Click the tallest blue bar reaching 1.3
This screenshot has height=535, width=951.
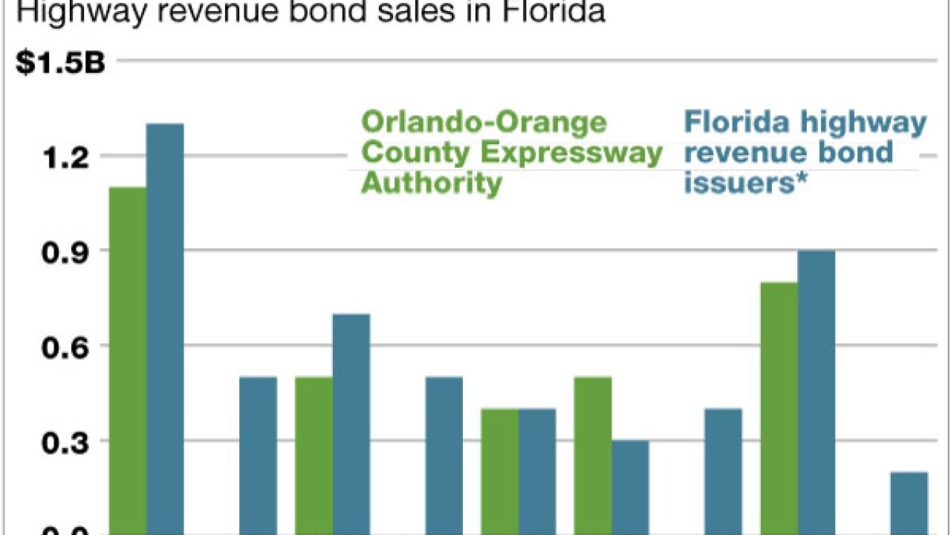[165, 327]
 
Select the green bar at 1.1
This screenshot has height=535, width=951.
[128, 360]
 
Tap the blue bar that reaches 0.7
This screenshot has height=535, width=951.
[351, 424]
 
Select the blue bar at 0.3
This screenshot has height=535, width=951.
[630, 487]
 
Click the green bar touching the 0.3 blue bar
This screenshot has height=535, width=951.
[593, 455]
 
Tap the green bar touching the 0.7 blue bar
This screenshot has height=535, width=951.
[314, 455]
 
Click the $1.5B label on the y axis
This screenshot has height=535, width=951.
[61, 63]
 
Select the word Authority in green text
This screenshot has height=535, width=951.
[431, 183]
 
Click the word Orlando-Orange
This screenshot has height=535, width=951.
[484, 122]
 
